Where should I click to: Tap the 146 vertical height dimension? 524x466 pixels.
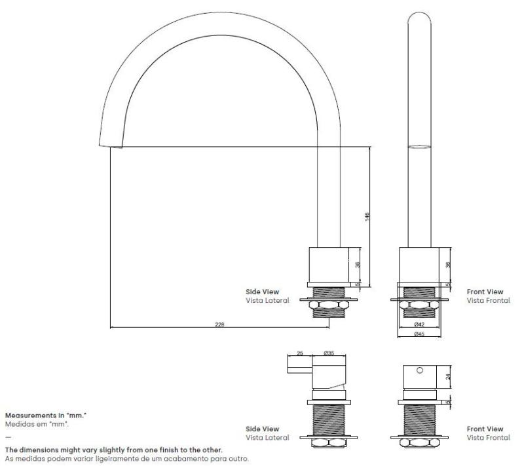click(367, 217)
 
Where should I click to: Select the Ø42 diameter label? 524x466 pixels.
click(419, 324)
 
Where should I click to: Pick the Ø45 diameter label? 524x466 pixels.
click(419, 334)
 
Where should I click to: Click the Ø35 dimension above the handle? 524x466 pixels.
click(329, 353)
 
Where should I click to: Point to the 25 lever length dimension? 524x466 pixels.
click(299, 353)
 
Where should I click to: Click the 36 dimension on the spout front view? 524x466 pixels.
click(448, 264)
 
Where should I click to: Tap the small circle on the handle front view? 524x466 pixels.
click(420, 370)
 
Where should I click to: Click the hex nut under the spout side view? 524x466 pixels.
click(328, 305)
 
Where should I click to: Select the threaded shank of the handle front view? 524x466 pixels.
click(420, 419)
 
